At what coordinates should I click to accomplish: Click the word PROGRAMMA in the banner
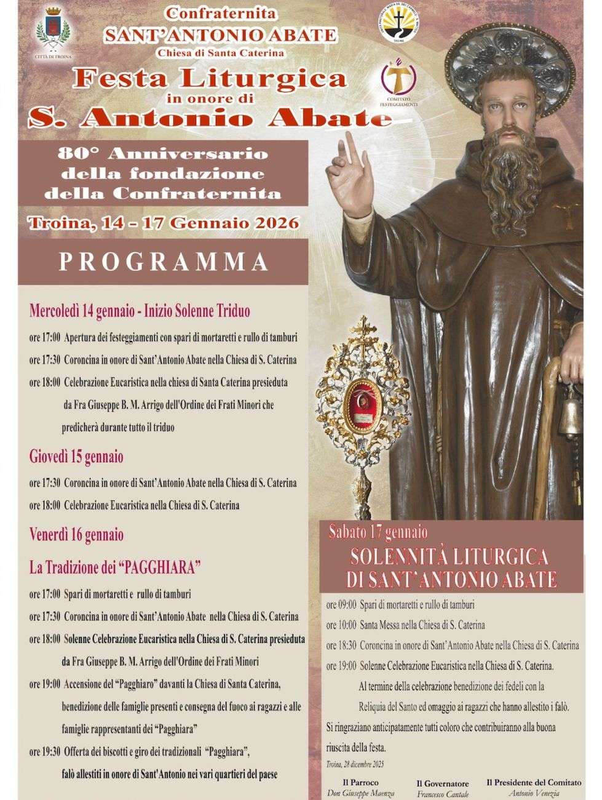pos(164,261)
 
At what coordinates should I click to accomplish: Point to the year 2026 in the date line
pos(277,223)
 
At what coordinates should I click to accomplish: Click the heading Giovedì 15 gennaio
pos(76,457)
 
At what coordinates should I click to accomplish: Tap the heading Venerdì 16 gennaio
pos(77,534)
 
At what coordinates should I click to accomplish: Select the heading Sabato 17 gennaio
pos(378,530)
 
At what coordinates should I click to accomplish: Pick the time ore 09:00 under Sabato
pos(341,606)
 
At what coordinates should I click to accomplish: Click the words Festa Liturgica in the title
pos(208,79)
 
